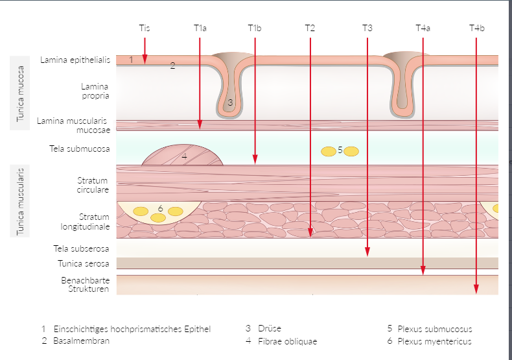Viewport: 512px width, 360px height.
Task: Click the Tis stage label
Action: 144,28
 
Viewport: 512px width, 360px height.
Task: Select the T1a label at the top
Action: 200,28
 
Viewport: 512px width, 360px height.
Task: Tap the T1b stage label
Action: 255,28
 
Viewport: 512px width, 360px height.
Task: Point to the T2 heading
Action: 310,28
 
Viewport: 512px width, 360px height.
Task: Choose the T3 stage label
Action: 367,28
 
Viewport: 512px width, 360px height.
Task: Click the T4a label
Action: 423,28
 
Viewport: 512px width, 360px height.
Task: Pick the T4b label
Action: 476,28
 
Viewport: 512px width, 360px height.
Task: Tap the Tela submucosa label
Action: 80,149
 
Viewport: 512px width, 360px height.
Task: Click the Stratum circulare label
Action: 93,184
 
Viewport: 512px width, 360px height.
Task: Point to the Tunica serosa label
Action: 81,264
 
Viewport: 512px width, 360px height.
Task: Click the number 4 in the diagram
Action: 184,156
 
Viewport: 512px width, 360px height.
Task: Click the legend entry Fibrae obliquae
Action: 287,341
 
